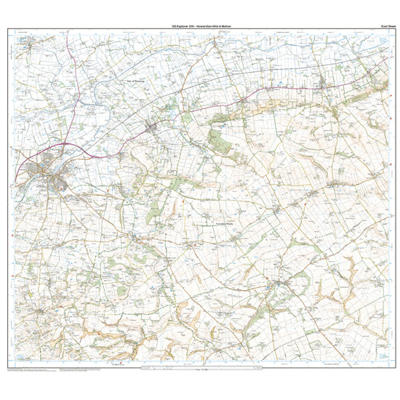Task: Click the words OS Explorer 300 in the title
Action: [182, 25]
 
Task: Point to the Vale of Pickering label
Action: [136, 82]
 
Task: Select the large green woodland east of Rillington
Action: [218, 138]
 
